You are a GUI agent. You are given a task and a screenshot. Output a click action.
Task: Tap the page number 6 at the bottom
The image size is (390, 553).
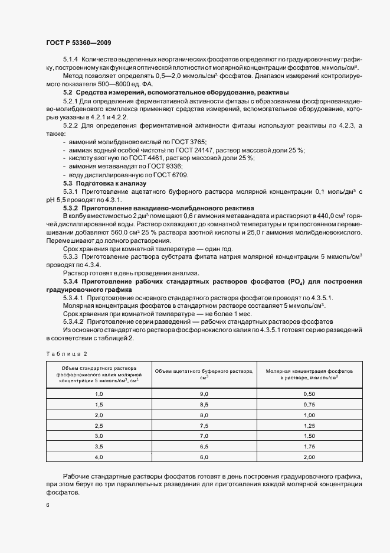(x=47, y=505)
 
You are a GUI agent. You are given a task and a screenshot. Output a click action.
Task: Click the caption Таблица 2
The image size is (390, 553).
(x=65, y=353)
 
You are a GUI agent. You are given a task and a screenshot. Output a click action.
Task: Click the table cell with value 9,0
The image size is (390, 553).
(x=204, y=393)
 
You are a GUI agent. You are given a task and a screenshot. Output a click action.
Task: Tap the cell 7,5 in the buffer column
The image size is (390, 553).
(x=204, y=425)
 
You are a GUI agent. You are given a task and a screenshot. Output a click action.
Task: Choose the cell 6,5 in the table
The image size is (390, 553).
(x=204, y=447)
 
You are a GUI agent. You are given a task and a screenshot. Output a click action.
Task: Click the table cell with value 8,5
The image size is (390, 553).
(x=204, y=404)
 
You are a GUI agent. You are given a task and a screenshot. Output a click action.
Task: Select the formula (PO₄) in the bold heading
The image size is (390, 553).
(x=278, y=280)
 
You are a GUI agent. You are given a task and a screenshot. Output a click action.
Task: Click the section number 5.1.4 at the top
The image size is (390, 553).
(x=70, y=60)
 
